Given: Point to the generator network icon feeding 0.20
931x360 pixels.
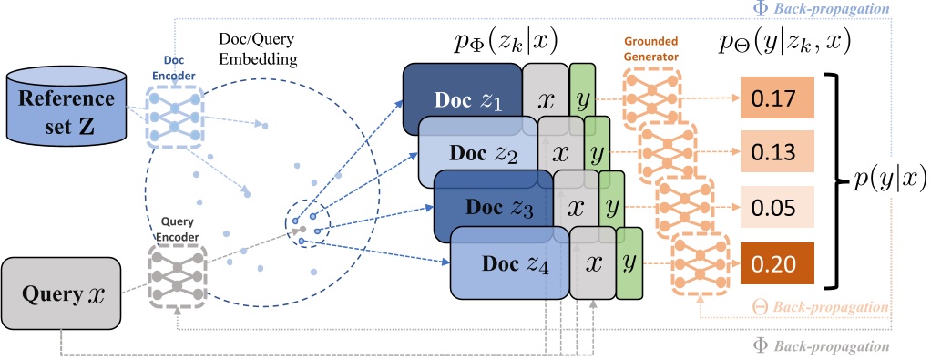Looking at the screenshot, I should [x=698, y=264].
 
